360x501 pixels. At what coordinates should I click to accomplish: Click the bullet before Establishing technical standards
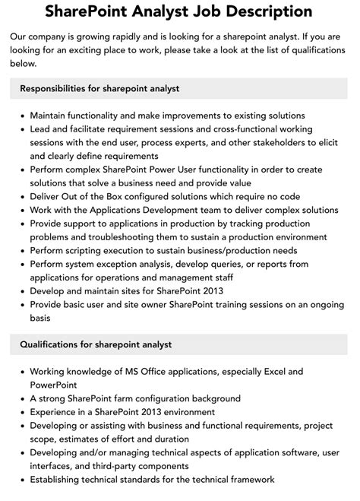coord(21,480)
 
